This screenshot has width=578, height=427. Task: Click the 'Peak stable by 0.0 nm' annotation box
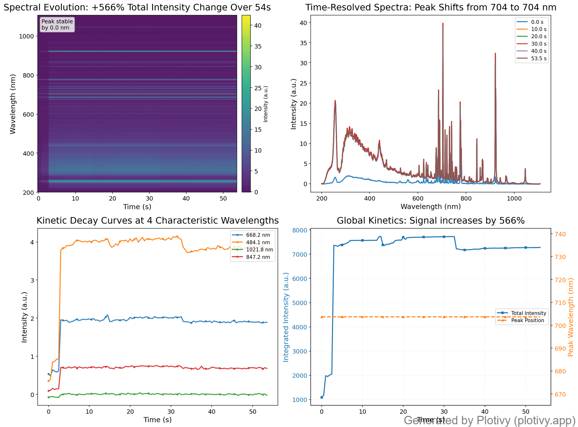(x=57, y=25)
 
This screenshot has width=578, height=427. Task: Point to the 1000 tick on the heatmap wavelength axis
(x=29, y=36)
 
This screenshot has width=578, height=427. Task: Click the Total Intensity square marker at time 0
(x=322, y=397)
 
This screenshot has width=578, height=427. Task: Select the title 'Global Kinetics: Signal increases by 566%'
(x=430, y=221)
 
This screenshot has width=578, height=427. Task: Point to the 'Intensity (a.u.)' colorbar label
(x=266, y=104)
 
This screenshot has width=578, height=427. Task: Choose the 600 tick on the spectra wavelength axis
(x=418, y=199)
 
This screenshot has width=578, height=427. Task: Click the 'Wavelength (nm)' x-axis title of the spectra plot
(x=430, y=207)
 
